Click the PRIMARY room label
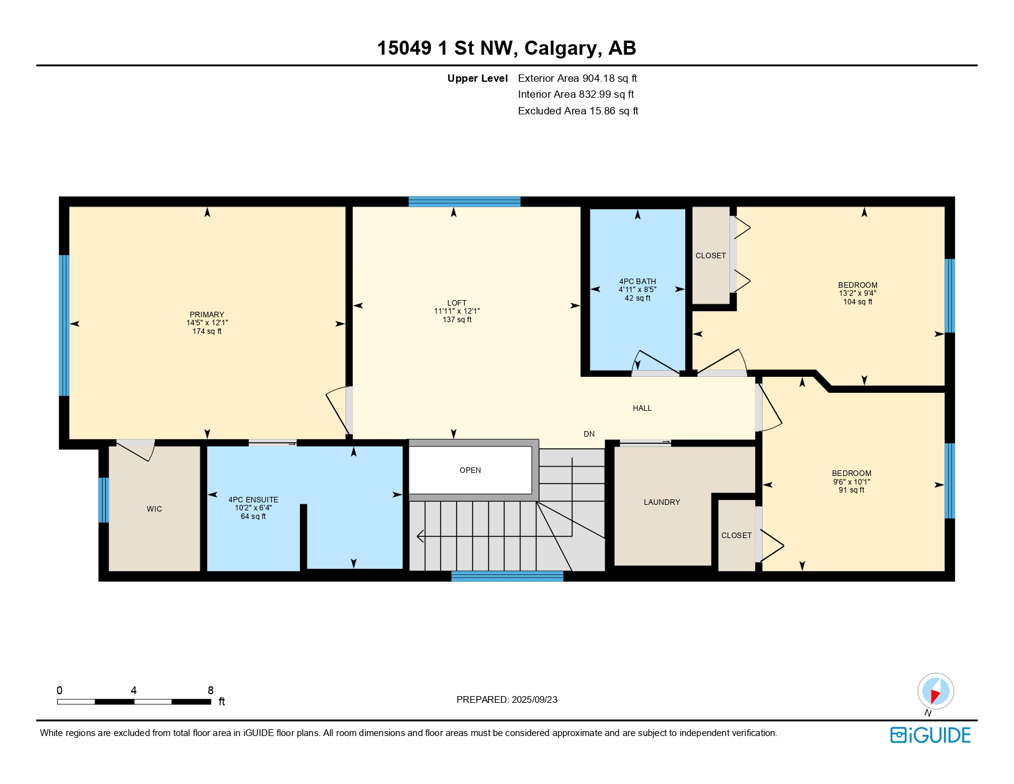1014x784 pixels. click(x=206, y=314)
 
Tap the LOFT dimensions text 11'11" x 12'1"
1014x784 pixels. click(x=457, y=311)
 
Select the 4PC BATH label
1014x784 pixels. click(x=637, y=282)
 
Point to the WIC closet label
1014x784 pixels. click(x=154, y=509)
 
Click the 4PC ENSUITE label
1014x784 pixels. click(x=253, y=500)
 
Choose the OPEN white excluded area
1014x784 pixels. click(x=470, y=470)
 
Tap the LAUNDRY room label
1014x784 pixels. click(x=662, y=502)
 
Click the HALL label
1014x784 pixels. click(x=642, y=408)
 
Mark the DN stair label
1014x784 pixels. click(x=589, y=434)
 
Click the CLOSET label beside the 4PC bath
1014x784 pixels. click(x=710, y=256)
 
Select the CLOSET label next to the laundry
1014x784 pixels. click(x=736, y=536)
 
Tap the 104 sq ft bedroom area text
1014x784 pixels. click(x=857, y=302)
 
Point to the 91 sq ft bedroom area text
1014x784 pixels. click(x=851, y=490)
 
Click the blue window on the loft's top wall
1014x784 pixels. click(x=465, y=202)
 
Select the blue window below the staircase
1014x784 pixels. click(x=507, y=576)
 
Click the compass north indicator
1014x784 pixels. click(x=935, y=691)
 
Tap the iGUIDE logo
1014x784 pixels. click(x=930, y=735)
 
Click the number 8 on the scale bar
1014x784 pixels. click(x=210, y=691)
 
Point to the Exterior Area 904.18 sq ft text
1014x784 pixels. click(x=577, y=78)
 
